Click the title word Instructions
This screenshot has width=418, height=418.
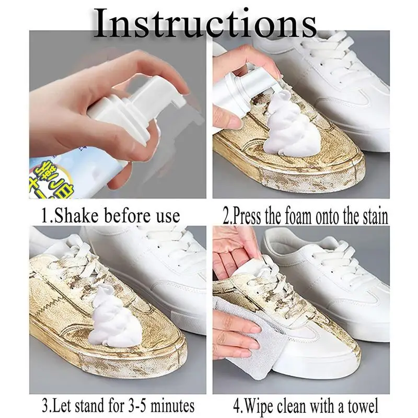[206, 24]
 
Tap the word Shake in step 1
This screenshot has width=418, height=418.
[80, 215]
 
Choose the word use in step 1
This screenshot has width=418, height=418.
[166, 215]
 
